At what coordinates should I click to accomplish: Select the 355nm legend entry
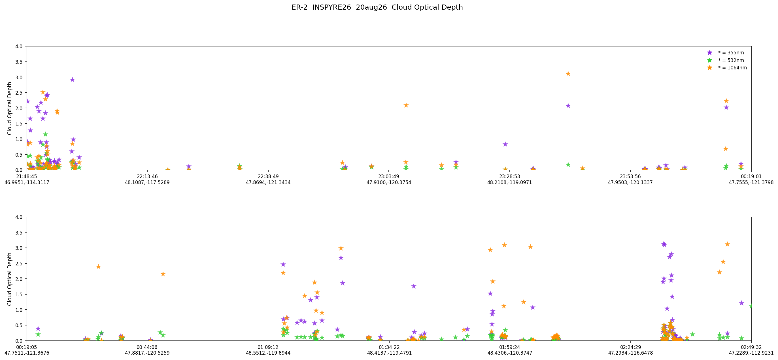pyautogui.click(x=726, y=53)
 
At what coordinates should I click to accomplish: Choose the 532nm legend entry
pyautogui.click(x=726, y=60)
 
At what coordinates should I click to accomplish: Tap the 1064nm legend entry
pyautogui.click(x=728, y=68)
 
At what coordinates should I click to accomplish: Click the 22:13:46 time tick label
pyautogui.click(x=147, y=176)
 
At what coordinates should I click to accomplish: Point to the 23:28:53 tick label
pyautogui.click(x=509, y=176)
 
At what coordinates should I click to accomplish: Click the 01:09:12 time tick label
pyautogui.click(x=268, y=347)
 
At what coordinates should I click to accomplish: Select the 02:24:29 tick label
pyautogui.click(x=630, y=347)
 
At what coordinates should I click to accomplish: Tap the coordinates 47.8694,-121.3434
pyautogui.click(x=268, y=182)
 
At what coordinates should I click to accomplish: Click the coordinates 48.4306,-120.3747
pyautogui.click(x=509, y=353)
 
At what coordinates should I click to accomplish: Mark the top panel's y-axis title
pyautogui.click(x=10, y=108)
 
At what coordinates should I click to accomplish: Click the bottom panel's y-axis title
pyautogui.click(x=10, y=279)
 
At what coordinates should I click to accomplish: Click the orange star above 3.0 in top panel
pyautogui.click(x=568, y=74)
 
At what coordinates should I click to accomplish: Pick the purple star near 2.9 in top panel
pyautogui.click(x=72, y=80)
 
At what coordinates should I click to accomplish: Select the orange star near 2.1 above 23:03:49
pyautogui.click(x=406, y=105)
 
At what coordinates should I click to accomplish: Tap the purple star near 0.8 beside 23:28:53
pyautogui.click(x=505, y=144)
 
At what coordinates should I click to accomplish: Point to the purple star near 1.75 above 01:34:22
pyautogui.click(x=413, y=286)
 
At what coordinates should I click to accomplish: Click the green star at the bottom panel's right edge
pyautogui.click(x=751, y=306)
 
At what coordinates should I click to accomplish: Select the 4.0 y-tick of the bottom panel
pyautogui.click(x=19, y=217)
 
